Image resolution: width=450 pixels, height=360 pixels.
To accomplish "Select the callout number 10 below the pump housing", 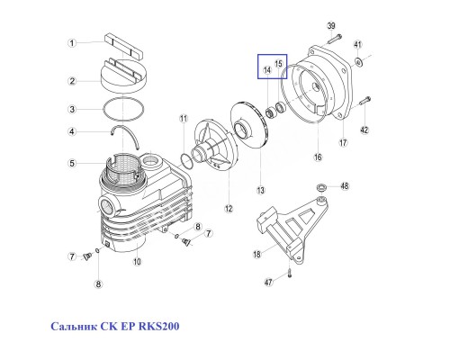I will pyautogui.click(x=138, y=262).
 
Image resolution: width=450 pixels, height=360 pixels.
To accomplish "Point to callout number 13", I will pyautogui.click(x=260, y=190).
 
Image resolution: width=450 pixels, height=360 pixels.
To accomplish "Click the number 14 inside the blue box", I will pyautogui.click(x=267, y=68).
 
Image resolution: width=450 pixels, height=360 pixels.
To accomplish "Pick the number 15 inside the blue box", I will pyautogui.click(x=278, y=63).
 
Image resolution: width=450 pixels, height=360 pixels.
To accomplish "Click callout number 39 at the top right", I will pyautogui.click(x=330, y=25).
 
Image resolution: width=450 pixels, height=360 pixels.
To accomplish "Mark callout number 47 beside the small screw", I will pyautogui.click(x=268, y=282).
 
